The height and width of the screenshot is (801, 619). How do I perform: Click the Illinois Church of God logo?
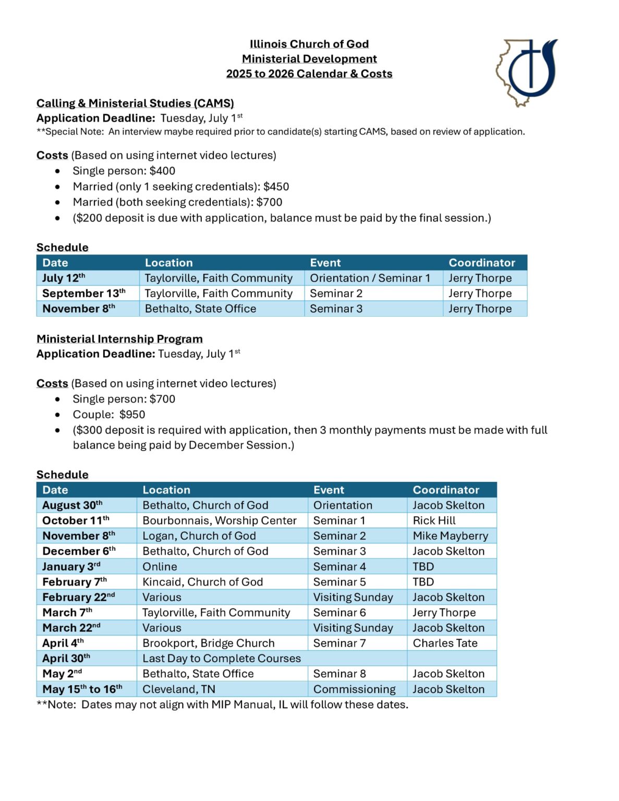pos(526,72)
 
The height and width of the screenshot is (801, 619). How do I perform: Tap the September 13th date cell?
pos(84,293)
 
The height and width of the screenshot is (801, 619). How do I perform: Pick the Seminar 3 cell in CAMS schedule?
pos(336,309)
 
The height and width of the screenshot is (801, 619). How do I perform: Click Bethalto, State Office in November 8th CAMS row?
pos(200,309)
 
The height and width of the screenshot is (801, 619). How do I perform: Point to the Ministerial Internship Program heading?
pos(119,339)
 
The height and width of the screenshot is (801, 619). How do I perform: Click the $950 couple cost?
pos(132,415)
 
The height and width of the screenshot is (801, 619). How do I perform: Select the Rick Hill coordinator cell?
pos(434,520)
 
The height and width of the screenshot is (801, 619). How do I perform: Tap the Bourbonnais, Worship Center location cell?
pos(219,520)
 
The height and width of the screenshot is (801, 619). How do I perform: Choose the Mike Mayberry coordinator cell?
pos(450,536)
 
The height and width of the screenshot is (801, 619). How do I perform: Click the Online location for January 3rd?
pos(160,566)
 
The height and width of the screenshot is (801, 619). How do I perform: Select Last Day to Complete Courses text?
pos(221,658)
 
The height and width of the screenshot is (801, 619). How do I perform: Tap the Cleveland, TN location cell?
pos(178,689)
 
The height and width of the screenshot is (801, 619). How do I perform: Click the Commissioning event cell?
pos(354,689)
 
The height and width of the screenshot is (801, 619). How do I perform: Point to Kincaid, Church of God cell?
pos(202,582)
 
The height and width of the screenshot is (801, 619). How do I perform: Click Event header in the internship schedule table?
pos(329,490)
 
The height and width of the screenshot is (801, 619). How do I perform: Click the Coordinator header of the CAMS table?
pos(481,263)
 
